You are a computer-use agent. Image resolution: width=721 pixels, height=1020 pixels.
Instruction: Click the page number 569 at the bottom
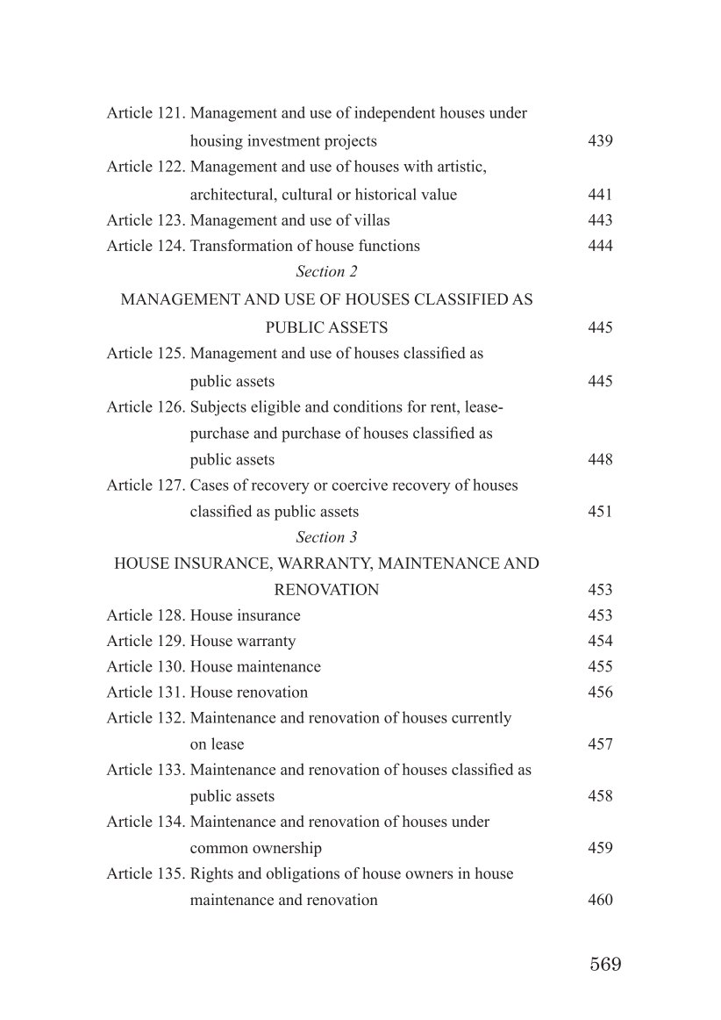605,964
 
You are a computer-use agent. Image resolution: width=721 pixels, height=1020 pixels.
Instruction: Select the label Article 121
146,113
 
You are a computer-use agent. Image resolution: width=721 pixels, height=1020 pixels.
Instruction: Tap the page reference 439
600,140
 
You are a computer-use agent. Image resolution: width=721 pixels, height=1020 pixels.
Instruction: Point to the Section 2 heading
326,271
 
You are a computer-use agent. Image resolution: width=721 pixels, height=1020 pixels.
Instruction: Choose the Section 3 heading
326,536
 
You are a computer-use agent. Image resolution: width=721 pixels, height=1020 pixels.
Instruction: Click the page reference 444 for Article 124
600,246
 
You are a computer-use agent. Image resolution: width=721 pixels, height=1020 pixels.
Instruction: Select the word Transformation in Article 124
235,246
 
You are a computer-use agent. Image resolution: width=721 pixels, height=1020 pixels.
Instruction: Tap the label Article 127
146,485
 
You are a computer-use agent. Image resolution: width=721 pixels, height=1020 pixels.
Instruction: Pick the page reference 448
600,459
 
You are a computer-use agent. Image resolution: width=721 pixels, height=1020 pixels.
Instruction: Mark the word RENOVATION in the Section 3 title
326,590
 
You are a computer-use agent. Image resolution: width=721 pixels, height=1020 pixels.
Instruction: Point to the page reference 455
600,666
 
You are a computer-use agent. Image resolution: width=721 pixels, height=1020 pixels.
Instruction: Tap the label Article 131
146,692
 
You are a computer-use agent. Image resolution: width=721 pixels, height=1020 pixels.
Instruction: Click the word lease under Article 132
227,744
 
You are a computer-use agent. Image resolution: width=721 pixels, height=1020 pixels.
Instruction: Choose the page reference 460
600,900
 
